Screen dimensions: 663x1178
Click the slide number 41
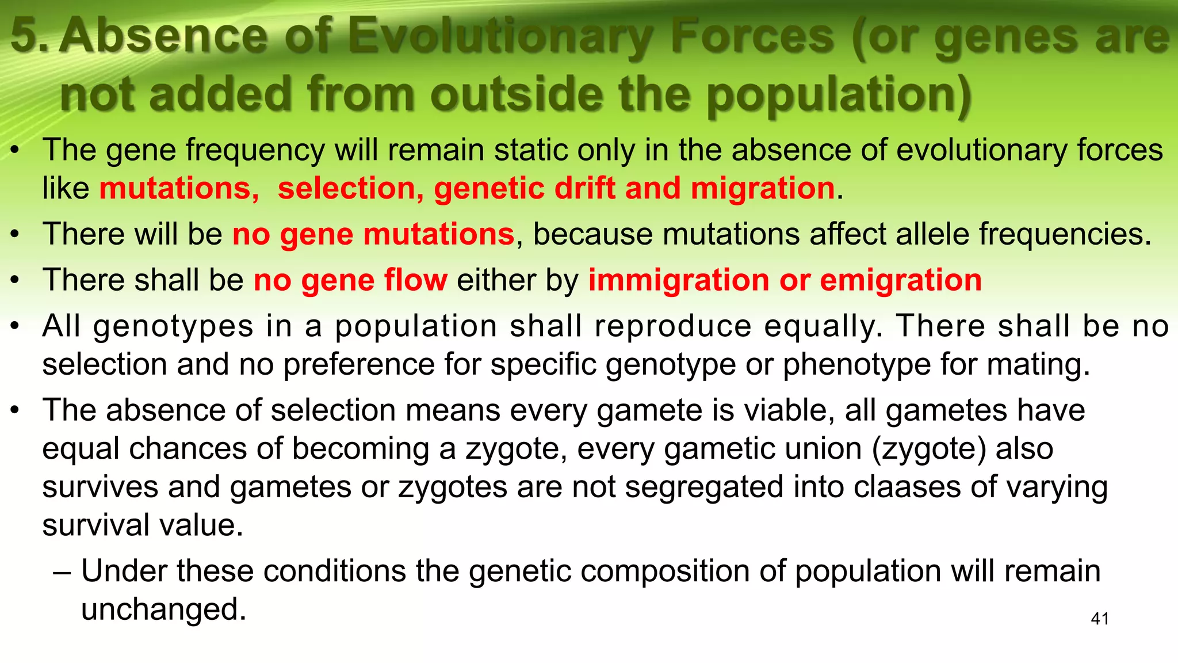(1100, 619)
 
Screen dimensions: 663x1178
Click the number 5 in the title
(26, 36)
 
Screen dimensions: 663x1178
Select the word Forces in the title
(753, 36)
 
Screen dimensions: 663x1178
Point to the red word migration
(763, 188)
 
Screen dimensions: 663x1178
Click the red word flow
(415, 280)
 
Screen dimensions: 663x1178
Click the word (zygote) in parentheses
(929, 449)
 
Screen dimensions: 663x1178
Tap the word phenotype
(856, 364)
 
